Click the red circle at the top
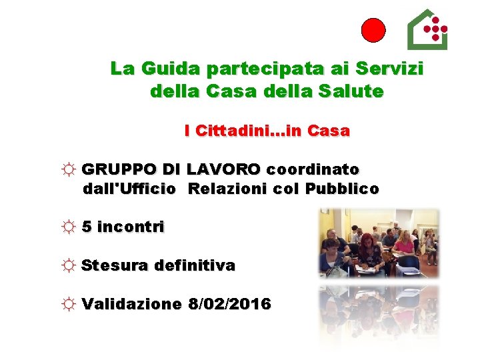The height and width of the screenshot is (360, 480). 373,31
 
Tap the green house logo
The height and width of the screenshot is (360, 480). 427,30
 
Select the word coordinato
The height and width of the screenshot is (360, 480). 313,169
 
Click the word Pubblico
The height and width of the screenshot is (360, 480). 342,189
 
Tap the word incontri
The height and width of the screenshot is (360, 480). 131,227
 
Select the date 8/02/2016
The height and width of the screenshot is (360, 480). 230,305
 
